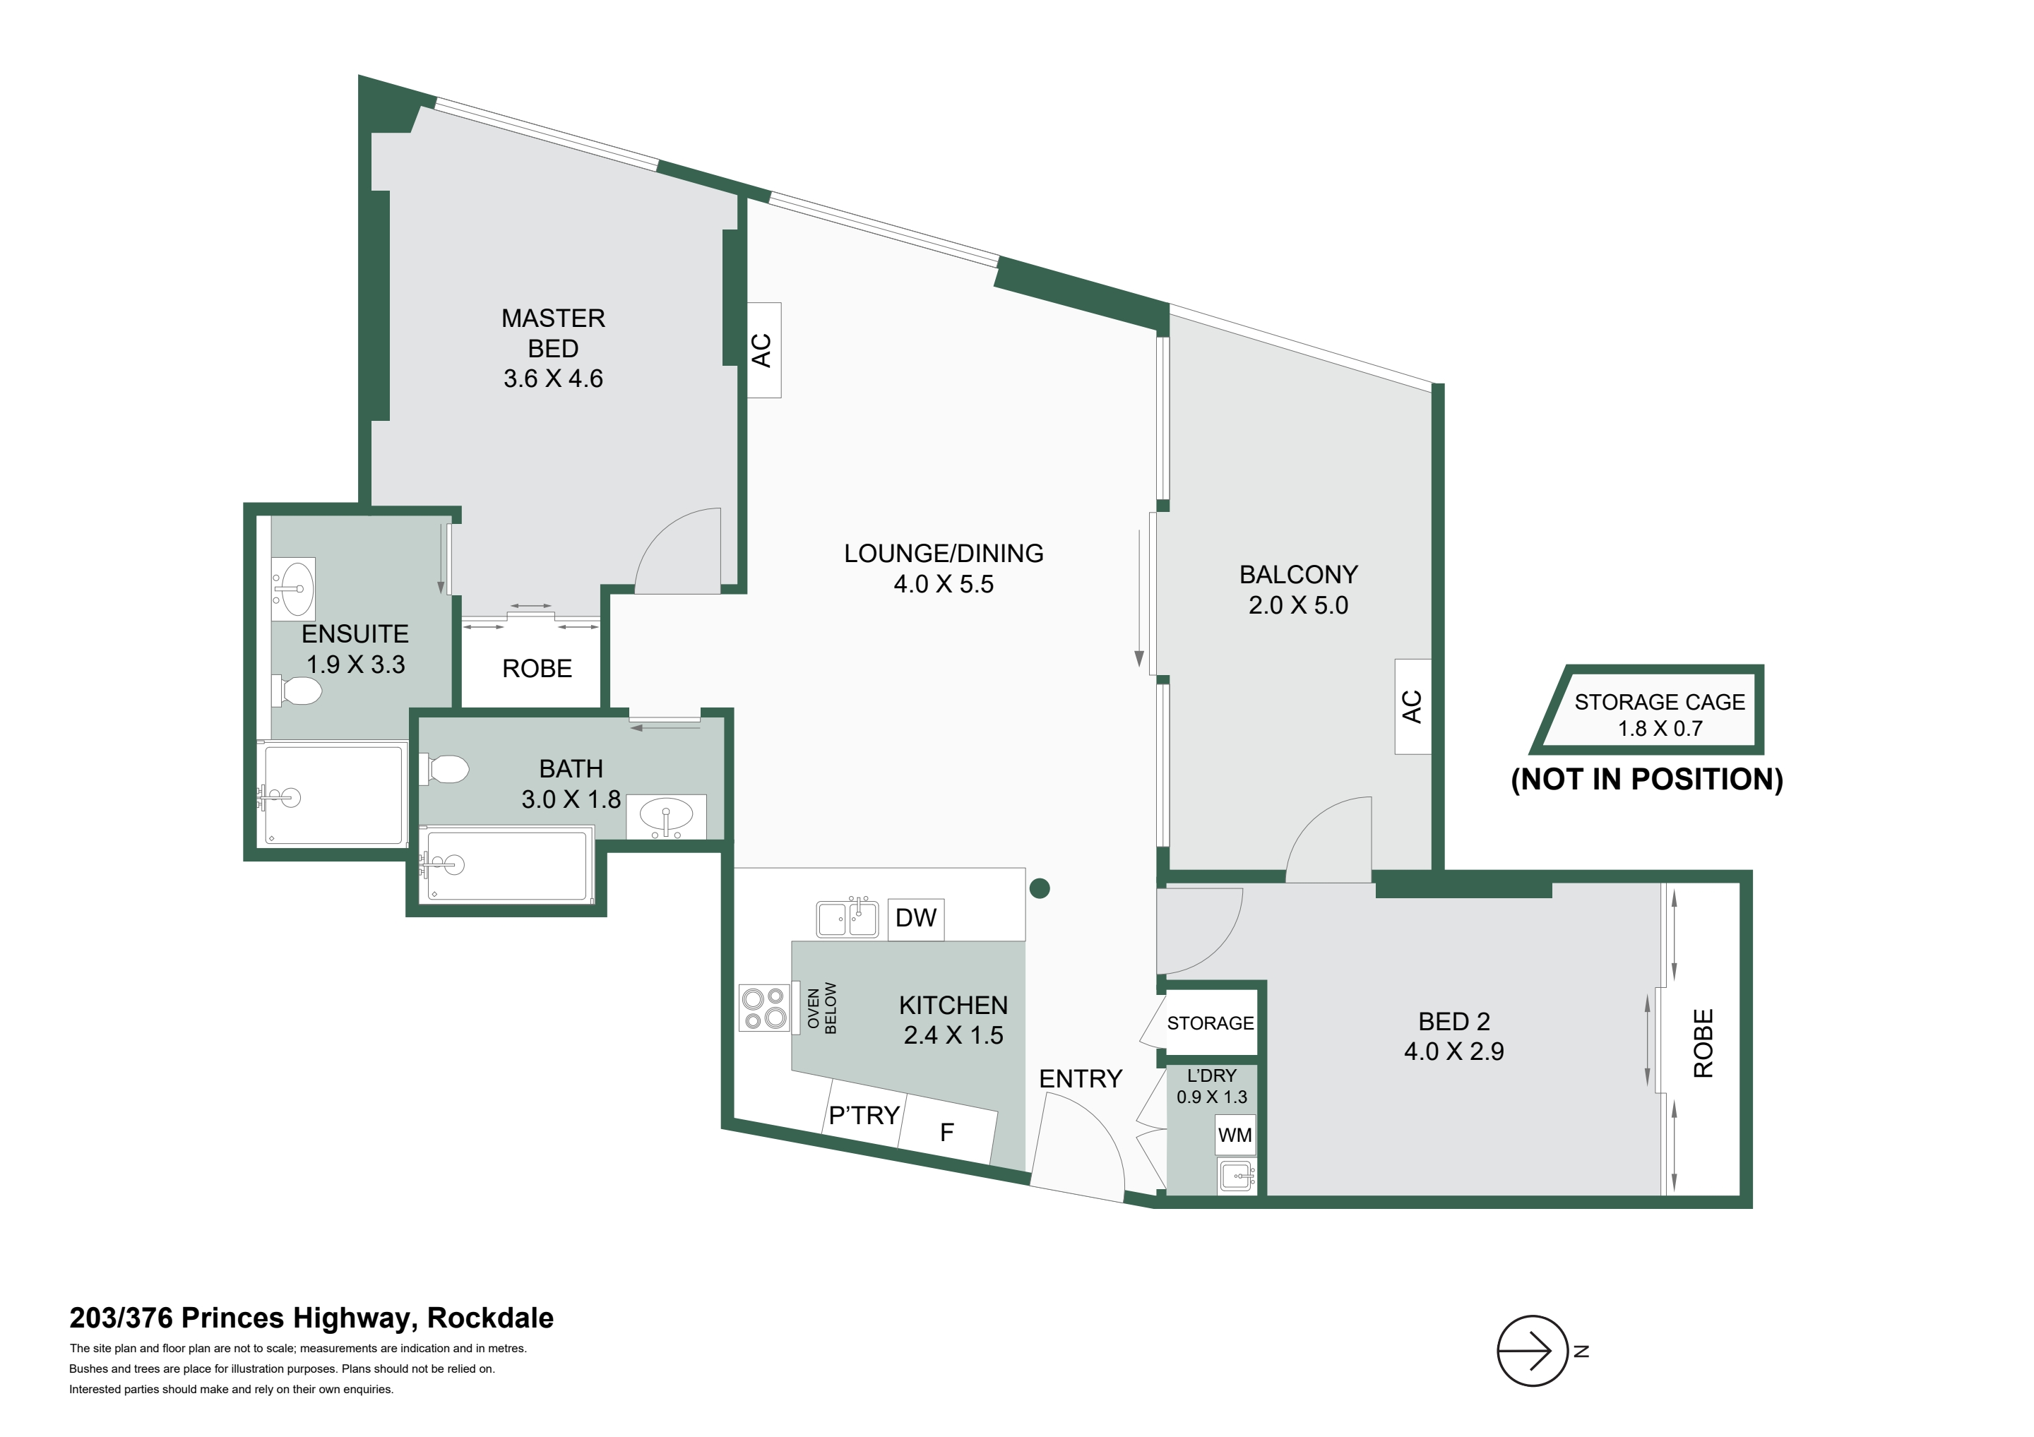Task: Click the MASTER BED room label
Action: click(x=553, y=333)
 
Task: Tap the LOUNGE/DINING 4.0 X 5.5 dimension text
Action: click(x=944, y=584)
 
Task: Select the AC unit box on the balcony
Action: click(x=1413, y=706)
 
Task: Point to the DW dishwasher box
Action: click(x=915, y=918)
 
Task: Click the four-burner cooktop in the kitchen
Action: click(x=765, y=1009)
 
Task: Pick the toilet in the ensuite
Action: click(x=297, y=691)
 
